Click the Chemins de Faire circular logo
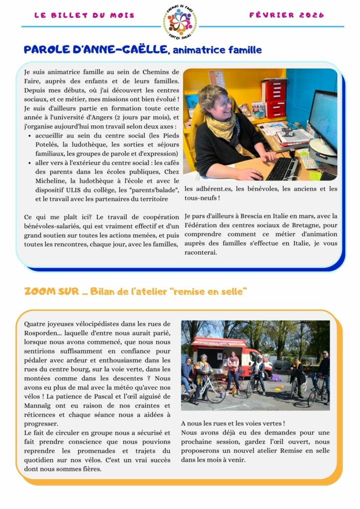(180, 21)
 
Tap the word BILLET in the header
(69, 15)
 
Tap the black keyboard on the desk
(282, 169)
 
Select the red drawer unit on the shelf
(274, 97)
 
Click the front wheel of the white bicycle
(215, 392)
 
